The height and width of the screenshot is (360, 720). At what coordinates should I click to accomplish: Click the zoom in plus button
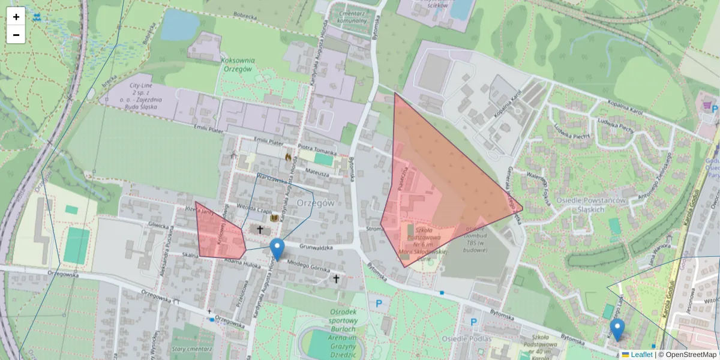(16, 17)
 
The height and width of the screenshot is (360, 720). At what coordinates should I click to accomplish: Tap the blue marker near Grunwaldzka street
(277, 248)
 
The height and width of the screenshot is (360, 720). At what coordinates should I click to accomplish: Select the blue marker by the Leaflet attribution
(617, 329)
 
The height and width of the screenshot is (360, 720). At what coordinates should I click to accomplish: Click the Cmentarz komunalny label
(352, 16)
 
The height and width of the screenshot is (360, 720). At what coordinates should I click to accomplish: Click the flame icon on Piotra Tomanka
(288, 157)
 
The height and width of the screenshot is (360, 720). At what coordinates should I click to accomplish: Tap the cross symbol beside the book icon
(260, 229)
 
